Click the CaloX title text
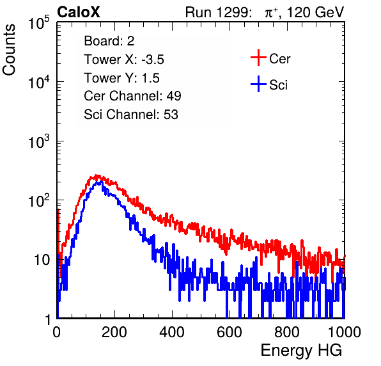point(79,12)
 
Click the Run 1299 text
point(218,12)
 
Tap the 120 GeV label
point(315,12)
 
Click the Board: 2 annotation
point(109,41)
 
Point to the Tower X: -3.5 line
point(124,60)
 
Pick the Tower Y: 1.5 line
point(121,78)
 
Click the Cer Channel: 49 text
point(132,96)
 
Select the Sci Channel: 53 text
point(131,114)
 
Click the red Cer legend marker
point(258,58)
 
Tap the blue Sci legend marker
point(258,84)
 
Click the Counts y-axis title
point(9,50)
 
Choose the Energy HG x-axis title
point(301,351)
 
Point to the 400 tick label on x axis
point(172,332)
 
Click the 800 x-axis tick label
point(287,332)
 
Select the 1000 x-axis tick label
point(345,332)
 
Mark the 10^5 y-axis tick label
point(39,22)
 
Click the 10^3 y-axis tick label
point(39,141)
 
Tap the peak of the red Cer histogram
point(97,175)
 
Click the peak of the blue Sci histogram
point(100,182)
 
